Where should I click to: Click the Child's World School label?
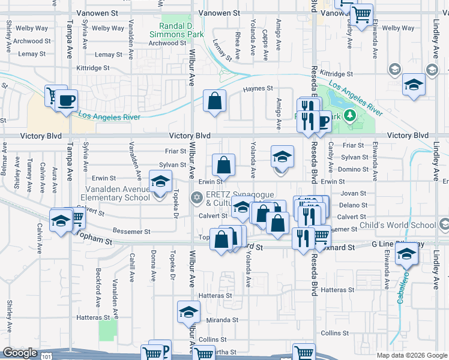coord(398,226)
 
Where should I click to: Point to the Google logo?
coord(20,353)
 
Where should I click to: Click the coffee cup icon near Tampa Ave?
coord(67,100)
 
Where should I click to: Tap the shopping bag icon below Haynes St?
coord(214,101)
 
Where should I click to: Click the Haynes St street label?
coord(258,89)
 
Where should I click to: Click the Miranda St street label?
coord(223,320)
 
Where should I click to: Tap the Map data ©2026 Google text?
coord(411,355)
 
